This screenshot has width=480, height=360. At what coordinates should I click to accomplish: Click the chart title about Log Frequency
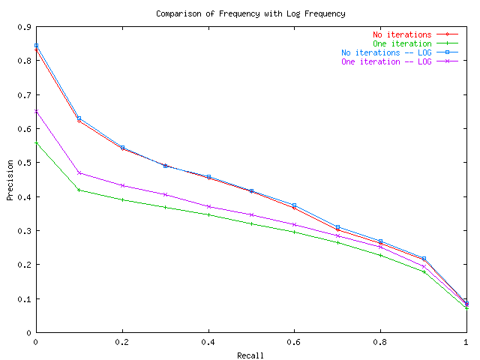point(241,13)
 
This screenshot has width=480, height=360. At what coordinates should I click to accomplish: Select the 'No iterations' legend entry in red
point(402,34)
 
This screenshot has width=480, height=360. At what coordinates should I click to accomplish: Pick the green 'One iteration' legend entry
point(403,43)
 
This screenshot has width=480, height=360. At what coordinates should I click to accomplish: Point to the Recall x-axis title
point(250,355)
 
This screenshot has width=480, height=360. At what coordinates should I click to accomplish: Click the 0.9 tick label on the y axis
point(23,27)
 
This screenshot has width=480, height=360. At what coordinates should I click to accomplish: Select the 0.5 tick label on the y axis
point(23,163)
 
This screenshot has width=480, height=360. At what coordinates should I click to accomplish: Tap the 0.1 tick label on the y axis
point(23,298)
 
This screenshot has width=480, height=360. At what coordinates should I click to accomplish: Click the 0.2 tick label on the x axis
point(121,342)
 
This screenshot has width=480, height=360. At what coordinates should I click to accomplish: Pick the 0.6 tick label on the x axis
point(294,342)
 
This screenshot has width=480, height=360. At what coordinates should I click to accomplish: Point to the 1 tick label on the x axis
point(466,342)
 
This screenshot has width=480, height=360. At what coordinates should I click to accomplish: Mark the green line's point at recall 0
point(36,142)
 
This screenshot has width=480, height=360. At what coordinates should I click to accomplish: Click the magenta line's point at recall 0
point(36,111)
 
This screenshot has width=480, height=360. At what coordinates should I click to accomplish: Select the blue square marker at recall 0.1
point(79,118)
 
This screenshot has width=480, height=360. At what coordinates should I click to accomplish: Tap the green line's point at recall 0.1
point(79,190)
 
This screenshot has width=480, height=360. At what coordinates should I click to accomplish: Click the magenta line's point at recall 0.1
point(79,172)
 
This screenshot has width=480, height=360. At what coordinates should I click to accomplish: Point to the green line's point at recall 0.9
point(424,271)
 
